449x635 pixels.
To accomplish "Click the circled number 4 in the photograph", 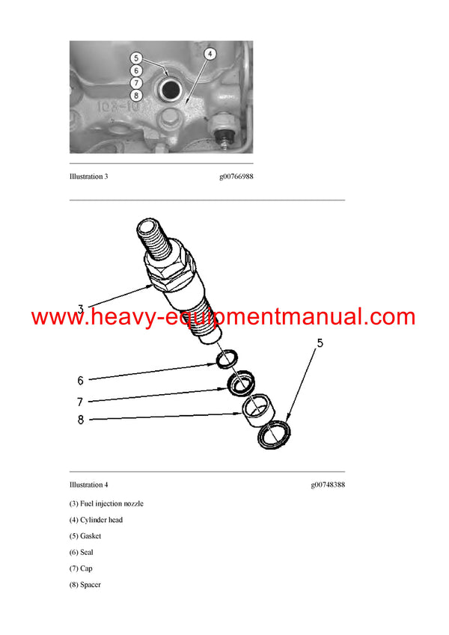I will pyautogui.click(x=210, y=53).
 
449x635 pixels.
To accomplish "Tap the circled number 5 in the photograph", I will pyautogui.click(x=135, y=58).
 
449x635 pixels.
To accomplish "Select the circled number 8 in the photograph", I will pyautogui.click(x=135, y=95).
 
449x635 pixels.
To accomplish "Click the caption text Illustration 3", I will pyautogui.click(x=89, y=177).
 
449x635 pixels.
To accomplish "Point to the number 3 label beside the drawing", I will pyautogui.click(x=81, y=307).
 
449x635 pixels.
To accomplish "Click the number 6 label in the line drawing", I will pyautogui.click(x=82, y=380).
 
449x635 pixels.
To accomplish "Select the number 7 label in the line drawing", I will pyautogui.click(x=82, y=402).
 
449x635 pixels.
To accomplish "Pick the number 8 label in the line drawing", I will pyautogui.click(x=82, y=420).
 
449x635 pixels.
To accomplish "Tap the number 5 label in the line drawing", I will pyautogui.click(x=320, y=344).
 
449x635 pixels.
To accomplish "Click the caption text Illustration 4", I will pyautogui.click(x=89, y=485).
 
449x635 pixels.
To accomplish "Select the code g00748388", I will pyautogui.click(x=328, y=485).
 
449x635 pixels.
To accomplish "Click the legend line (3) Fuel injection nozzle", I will pyautogui.click(x=106, y=503).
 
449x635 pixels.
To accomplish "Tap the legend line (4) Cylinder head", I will pyautogui.click(x=96, y=520).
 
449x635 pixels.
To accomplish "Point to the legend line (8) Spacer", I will pyautogui.click(x=85, y=585).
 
